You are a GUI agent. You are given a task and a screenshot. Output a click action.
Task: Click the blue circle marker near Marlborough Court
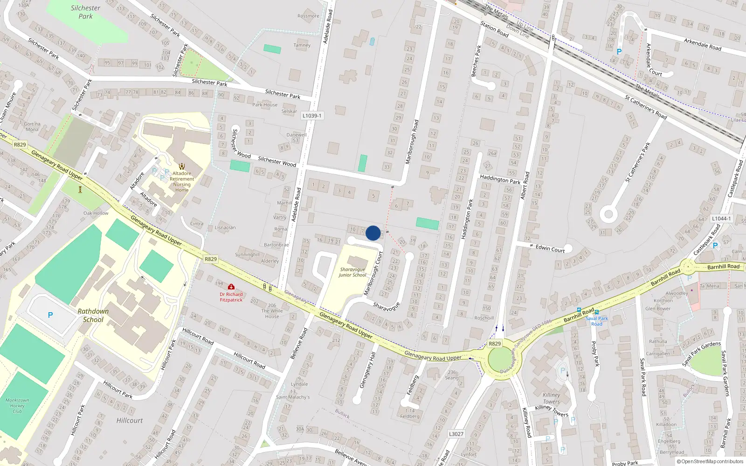pos(373,233)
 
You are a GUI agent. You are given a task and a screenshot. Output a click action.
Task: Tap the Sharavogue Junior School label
pos(352,272)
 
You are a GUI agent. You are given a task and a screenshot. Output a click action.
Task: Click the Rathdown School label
pos(93,315)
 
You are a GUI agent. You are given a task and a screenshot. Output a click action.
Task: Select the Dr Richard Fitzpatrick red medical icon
pos(231,287)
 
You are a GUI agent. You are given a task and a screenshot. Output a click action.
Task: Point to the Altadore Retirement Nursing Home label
pos(182,182)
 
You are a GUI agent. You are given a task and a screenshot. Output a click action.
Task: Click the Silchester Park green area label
pos(85,12)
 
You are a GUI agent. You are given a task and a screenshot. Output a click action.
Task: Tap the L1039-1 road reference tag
pos(311,116)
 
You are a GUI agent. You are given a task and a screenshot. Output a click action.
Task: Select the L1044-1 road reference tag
pos(721,219)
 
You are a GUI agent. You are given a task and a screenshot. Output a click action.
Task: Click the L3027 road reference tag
pos(456,434)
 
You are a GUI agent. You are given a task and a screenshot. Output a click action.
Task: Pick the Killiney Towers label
pos(551,398)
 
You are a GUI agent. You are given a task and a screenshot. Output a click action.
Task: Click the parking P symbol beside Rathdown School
pos(50,315)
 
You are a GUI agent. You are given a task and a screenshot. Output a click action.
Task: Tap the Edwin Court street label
pos(550,249)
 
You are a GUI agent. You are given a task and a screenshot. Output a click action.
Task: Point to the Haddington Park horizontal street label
pos(500,179)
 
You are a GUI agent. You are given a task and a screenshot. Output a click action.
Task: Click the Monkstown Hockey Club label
pos(17,405)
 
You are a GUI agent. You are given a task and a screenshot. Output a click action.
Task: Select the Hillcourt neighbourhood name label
pos(130,420)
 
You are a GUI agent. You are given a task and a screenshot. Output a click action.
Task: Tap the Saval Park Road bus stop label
pos(597,321)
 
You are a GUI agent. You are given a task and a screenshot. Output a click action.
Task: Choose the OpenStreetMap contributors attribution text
pos(710,461)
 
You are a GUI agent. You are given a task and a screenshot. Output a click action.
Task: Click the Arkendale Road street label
pos(702,45)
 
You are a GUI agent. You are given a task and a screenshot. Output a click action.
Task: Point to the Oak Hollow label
pos(96,213)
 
